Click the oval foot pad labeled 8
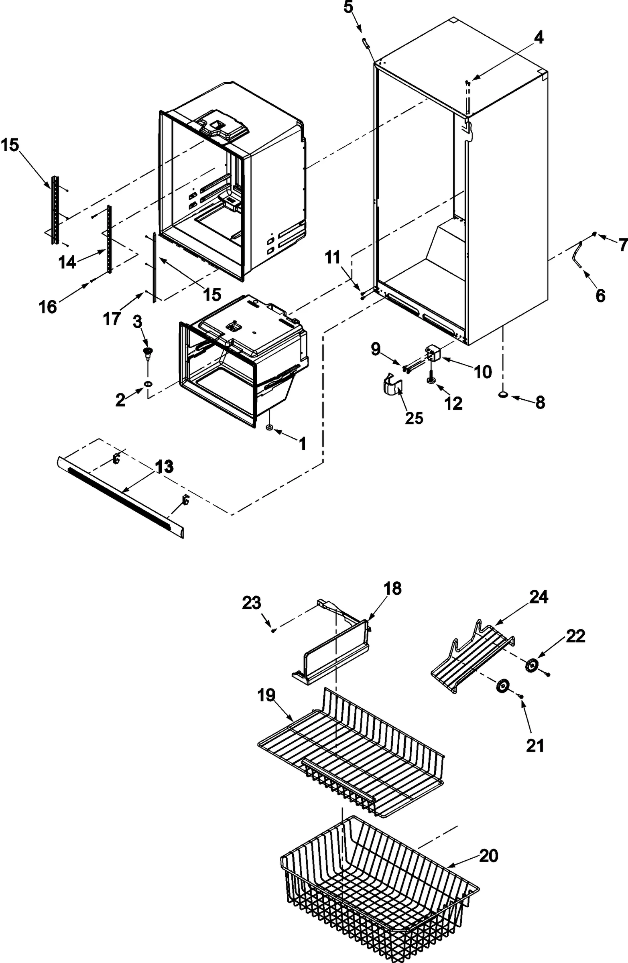(x=504, y=395)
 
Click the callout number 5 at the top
(x=349, y=7)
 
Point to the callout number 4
(x=538, y=38)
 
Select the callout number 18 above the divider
(x=392, y=588)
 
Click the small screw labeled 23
(x=274, y=630)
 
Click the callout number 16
(x=48, y=307)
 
